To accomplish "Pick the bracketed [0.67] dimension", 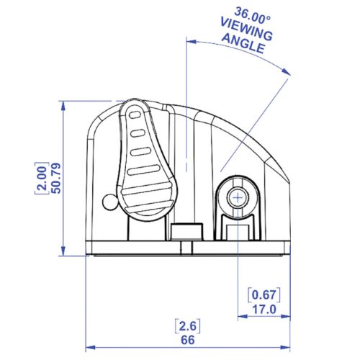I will point(264,295).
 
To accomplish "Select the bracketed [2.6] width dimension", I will point(186,324).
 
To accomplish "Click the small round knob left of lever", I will point(108,201).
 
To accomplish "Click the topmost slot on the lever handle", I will point(133,114).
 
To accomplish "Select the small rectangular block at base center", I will point(186,232).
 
